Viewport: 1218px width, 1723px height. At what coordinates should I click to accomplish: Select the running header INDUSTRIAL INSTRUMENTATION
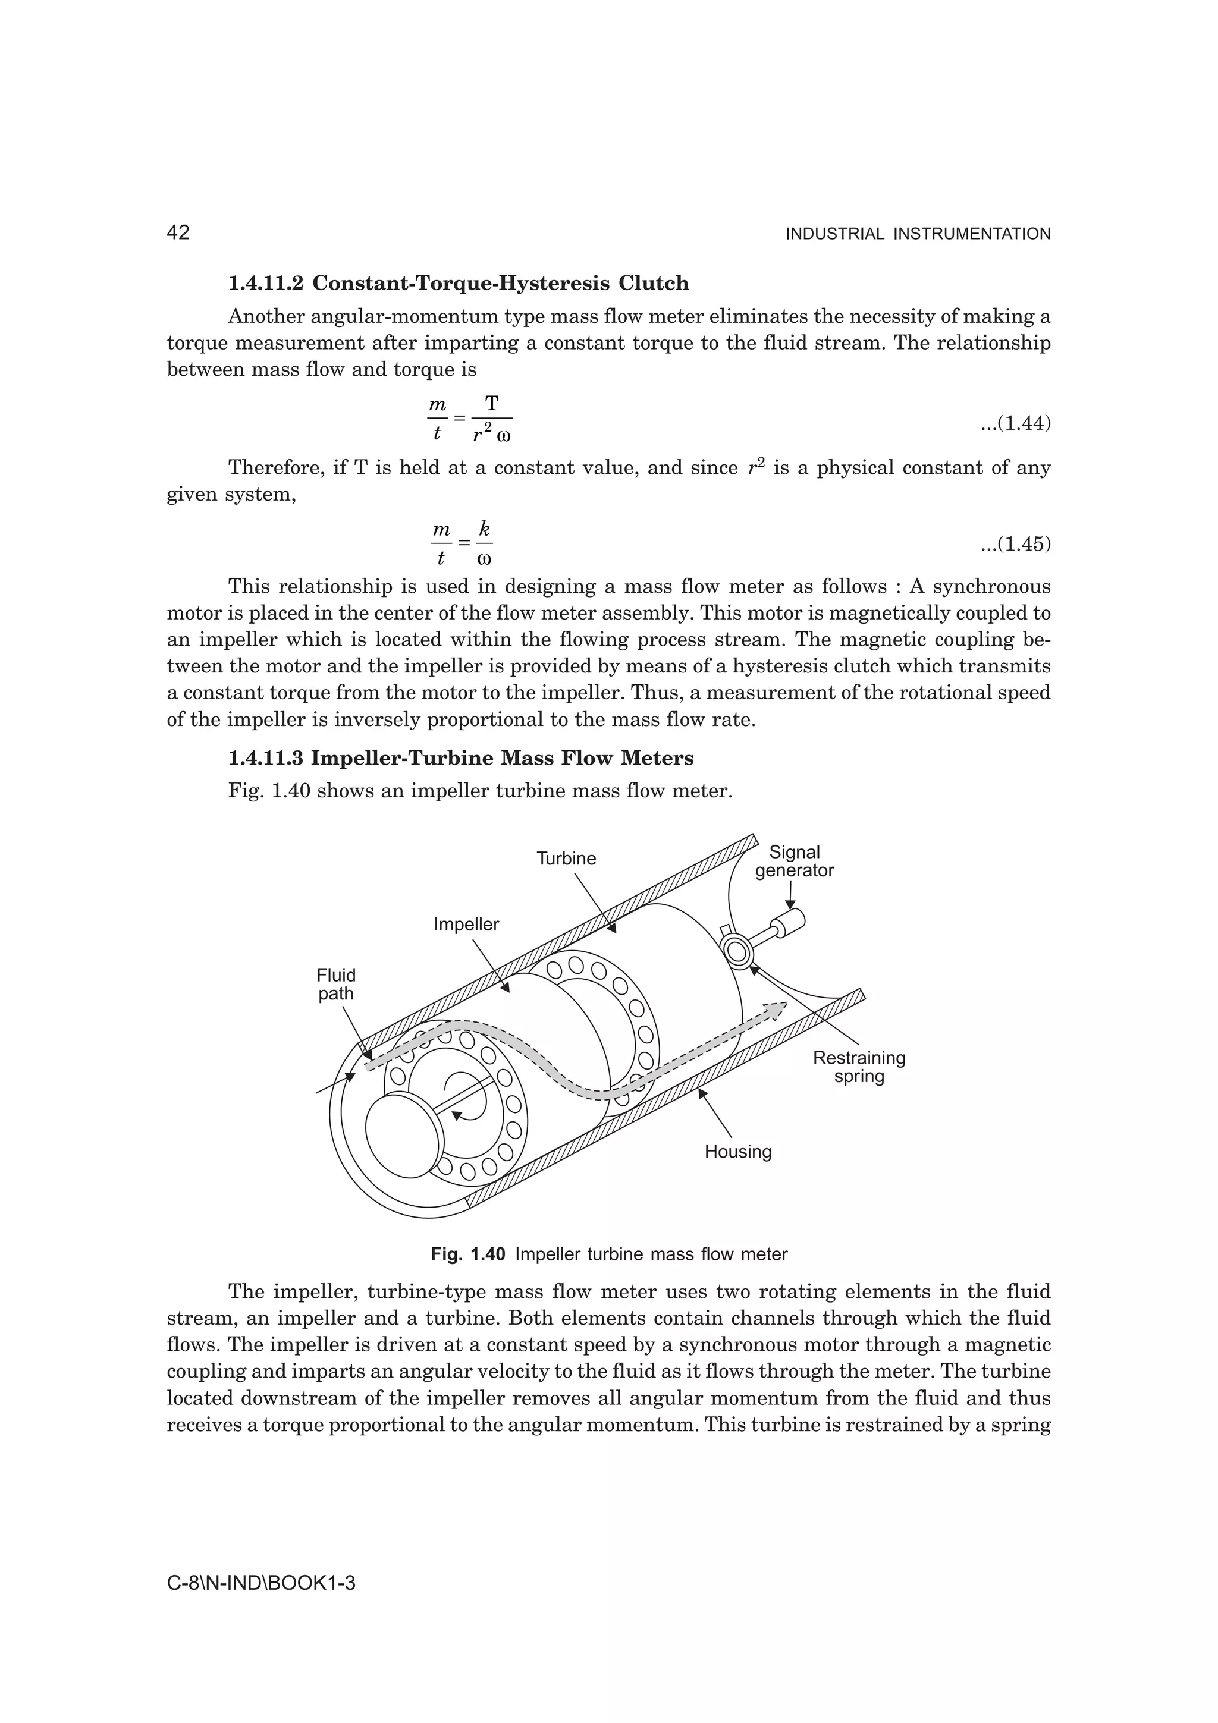(917, 234)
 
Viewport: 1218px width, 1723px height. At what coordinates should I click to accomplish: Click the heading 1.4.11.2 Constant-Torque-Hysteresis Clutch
(459, 284)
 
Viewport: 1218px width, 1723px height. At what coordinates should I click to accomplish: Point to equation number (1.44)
(1015, 423)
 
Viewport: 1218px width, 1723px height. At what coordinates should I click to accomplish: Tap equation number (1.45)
(1015, 543)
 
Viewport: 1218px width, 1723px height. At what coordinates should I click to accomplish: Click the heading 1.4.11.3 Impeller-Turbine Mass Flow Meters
(461, 758)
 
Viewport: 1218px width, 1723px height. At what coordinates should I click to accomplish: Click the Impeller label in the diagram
(466, 924)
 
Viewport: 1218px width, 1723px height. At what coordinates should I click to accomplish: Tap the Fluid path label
(335, 985)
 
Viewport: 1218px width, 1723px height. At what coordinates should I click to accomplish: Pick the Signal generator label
(794, 862)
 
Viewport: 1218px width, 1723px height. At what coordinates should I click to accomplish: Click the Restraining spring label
(859, 1067)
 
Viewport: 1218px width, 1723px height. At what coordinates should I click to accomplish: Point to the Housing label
(737, 1151)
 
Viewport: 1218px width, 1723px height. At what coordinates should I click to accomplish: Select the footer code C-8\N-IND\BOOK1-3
(260, 1584)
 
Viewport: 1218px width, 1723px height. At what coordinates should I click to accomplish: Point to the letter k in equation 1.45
(485, 529)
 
